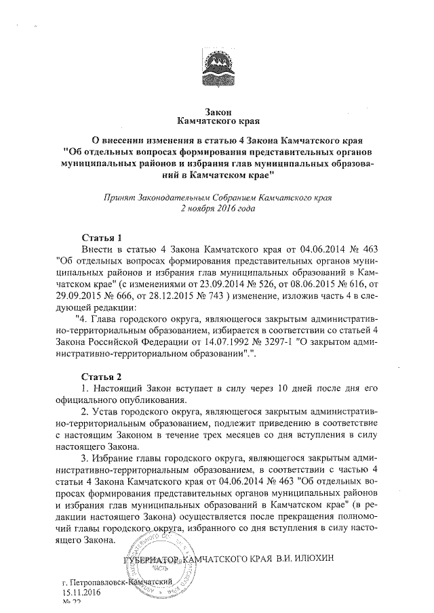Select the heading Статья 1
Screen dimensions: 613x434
tap(101, 238)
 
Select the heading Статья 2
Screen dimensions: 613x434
tap(101, 376)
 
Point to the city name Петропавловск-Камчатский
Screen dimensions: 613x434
tap(121, 582)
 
